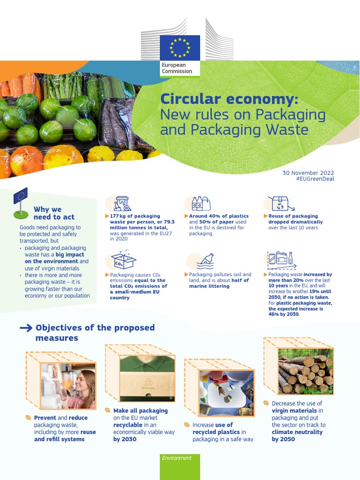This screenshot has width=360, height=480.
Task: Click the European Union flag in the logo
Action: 180,47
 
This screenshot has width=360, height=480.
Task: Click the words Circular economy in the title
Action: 229,99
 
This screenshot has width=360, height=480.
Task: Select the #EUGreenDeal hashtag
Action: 315,179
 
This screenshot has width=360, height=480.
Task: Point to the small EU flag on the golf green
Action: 21,196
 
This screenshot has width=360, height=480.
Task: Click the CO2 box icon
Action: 123,260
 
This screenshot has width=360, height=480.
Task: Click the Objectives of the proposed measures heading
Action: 95,332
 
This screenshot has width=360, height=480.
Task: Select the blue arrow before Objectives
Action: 26,328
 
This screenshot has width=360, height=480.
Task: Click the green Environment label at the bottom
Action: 177,458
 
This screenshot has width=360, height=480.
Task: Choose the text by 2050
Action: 283,439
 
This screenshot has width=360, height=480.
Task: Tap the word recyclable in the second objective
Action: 127,425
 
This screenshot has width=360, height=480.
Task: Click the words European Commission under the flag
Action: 177,68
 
